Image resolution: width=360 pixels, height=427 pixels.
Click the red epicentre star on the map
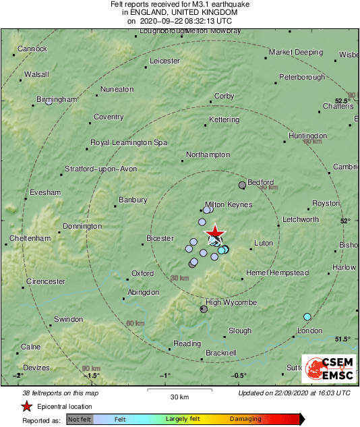click(x=214, y=233)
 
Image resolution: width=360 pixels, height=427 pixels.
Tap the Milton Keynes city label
click(x=228, y=204)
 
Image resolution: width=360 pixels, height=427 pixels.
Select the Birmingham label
click(x=57, y=99)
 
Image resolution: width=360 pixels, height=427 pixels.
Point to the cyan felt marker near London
click(x=307, y=316)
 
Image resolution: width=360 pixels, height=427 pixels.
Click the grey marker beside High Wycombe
click(x=204, y=309)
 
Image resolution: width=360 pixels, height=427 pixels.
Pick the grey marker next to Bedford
click(x=243, y=185)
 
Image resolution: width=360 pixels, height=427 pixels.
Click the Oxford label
click(x=142, y=273)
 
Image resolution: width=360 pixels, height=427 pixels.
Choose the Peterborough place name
click(x=302, y=77)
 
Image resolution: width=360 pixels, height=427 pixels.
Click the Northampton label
click(x=208, y=154)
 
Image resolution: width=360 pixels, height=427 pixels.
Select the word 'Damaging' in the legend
click(x=245, y=419)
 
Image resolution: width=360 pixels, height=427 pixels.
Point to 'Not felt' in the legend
click(x=80, y=419)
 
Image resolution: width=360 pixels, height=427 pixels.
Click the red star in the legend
click(x=26, y=406)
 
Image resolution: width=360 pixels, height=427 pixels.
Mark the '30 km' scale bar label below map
click(x=179, y=396)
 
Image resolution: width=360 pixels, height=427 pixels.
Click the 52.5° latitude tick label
click(x=342, y=101)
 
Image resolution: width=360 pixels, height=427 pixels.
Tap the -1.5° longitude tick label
click(x=92, y=375)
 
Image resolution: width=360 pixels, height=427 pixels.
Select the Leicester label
click(x=165, y=61)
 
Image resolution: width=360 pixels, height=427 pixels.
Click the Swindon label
click(x=68, y=318)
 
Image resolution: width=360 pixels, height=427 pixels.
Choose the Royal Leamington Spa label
click(x=129, y=142)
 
